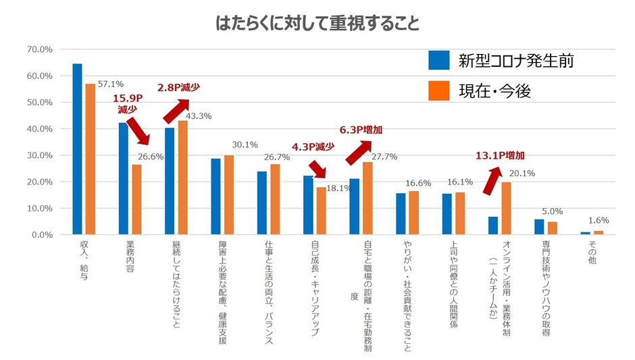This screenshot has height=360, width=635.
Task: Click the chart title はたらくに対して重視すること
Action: pos(317,24)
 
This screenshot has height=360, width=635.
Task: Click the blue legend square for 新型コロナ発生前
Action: pos(440,61)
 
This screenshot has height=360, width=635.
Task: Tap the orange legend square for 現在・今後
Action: pos(440,89)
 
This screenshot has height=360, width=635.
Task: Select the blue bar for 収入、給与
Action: pos(77,149)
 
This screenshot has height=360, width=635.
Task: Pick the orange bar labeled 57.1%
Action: pos(90,159)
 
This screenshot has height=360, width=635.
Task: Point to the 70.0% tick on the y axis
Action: pos(38,50)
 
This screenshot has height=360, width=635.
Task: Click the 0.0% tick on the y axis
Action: pos(38,235)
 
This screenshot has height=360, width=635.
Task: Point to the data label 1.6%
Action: pos(599,220)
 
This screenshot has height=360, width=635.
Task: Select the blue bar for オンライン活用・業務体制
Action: pos(493,226)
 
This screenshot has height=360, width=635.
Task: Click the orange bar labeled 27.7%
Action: pos(367,198)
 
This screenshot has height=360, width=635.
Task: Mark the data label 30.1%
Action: pos(245,145)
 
